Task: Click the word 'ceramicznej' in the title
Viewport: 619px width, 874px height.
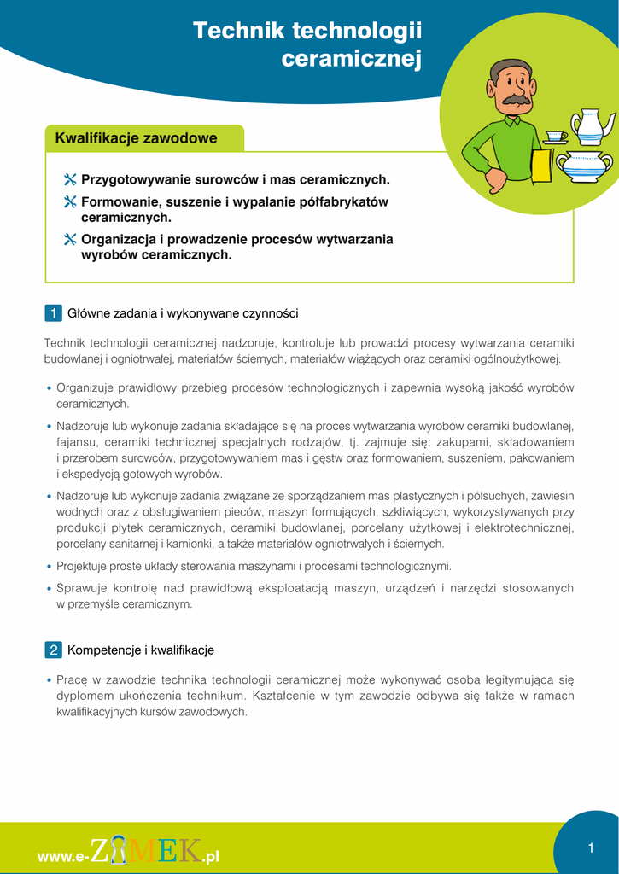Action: (352, 59)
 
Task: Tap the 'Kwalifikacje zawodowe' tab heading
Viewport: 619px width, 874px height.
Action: (136, 138)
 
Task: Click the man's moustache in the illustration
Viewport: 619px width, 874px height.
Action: (515, 101)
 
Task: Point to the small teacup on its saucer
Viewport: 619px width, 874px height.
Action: (555, 137)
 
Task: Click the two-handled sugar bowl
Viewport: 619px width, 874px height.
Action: (583, 166)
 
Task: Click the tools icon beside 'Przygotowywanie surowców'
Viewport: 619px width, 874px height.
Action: (70, 180)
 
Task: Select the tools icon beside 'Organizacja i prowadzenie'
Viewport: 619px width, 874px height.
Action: (70, 240)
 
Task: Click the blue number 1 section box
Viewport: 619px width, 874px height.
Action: (53, 313)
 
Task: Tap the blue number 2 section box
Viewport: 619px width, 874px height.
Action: (53, 650)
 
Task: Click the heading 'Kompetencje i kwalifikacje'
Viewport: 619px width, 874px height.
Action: (141, 650)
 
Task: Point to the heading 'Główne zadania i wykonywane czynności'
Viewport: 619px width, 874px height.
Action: (183, 313)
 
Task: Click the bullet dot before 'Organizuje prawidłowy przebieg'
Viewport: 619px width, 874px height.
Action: (50, 388)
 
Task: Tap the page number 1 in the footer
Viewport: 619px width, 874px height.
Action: (590, 848)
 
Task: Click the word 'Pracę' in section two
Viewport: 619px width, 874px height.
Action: (71, 680)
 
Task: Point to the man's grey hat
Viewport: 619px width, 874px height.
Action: (511, 66)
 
